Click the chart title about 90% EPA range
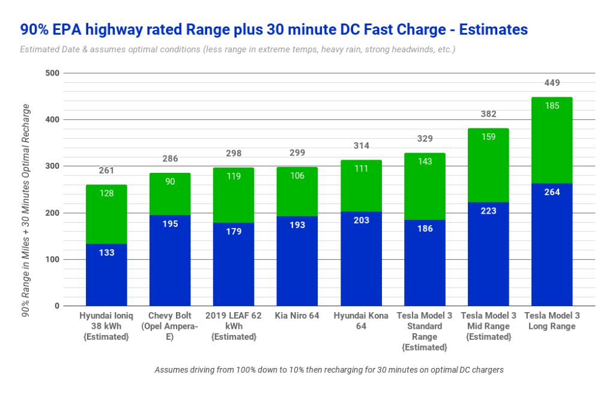[x=274, y=29]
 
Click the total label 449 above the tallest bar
[x=551, y=83]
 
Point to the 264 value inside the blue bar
[x=551, y=192]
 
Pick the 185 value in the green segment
[x=551, y=106]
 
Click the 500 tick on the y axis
[x=53, y=73]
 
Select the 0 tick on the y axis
[x=57, y=306]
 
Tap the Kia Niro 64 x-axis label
[x=297, y=316]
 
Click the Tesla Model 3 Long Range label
[x=551, y=321]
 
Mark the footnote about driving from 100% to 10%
[x=329, y=370]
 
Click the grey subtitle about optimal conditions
[x=237, y=49]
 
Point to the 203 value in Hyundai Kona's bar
[x=361, y=220]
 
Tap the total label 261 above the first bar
[x=106, y=171]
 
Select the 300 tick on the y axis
[x=53, y=166]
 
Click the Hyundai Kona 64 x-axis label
[x=361, y=321]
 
